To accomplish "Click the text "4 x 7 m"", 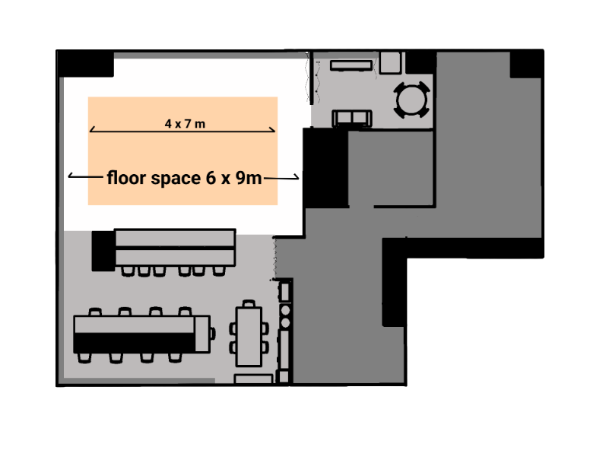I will (185, 124).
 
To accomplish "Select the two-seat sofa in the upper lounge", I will (353, 117).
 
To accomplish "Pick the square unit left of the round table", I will (391, 62).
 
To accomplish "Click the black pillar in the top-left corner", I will (86, 63).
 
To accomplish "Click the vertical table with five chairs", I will (249, 334).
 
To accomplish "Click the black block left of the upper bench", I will (102, 250).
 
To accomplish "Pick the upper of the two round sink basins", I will (286, 310).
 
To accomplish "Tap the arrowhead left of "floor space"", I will (71, 176).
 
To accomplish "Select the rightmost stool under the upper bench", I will (219, 270).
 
